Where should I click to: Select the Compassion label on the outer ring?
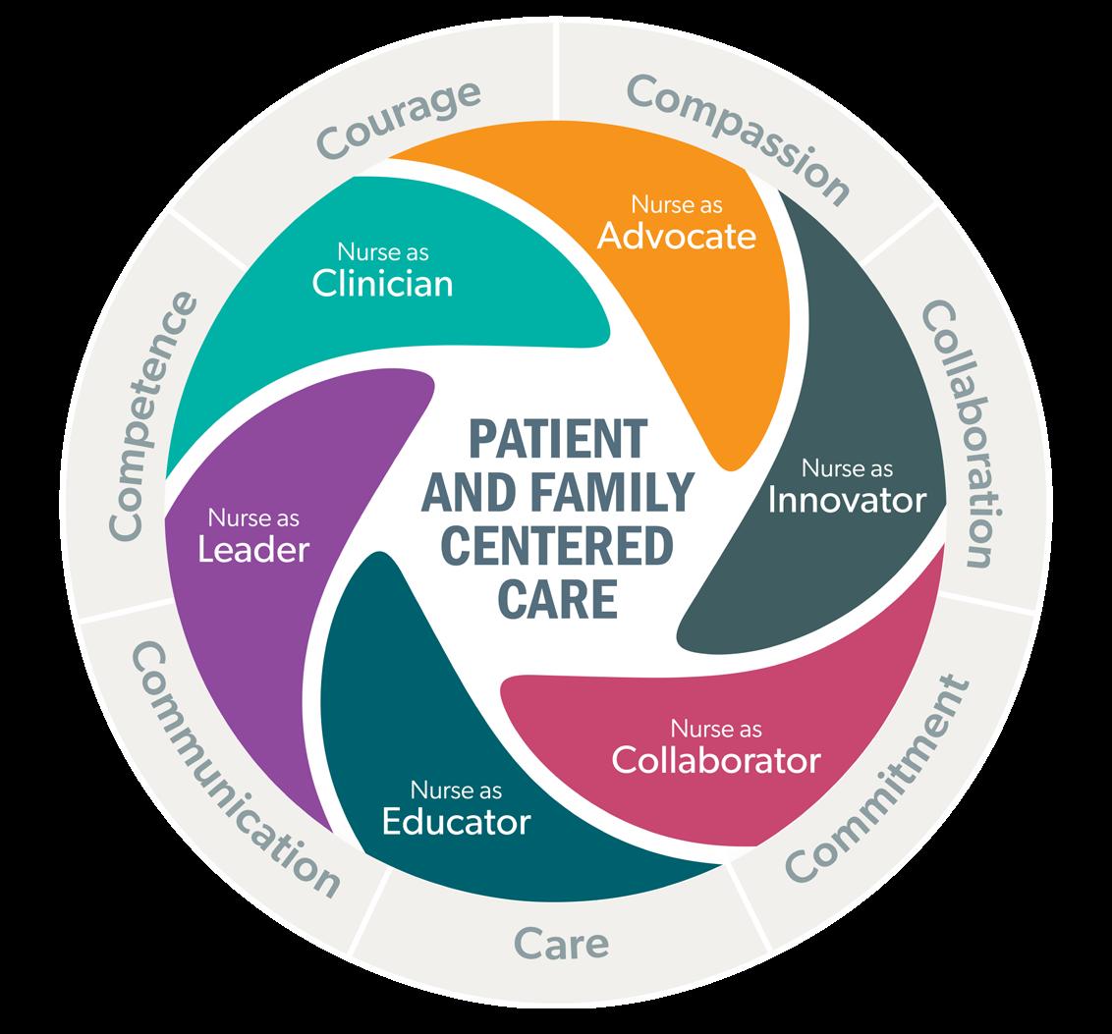point(738,136)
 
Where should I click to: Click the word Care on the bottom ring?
point(562,945)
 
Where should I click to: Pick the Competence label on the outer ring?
point(152,413)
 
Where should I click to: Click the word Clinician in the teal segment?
point(382,283)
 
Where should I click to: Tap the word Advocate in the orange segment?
point(678,236)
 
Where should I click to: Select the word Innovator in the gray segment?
point(847,500)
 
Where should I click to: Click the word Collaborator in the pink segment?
point(715,759)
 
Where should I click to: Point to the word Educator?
point(456,820)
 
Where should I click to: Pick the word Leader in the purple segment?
point(253,549)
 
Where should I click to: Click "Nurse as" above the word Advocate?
point(677,205)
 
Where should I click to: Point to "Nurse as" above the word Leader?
point(253,517)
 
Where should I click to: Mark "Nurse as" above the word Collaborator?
point(715,729)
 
